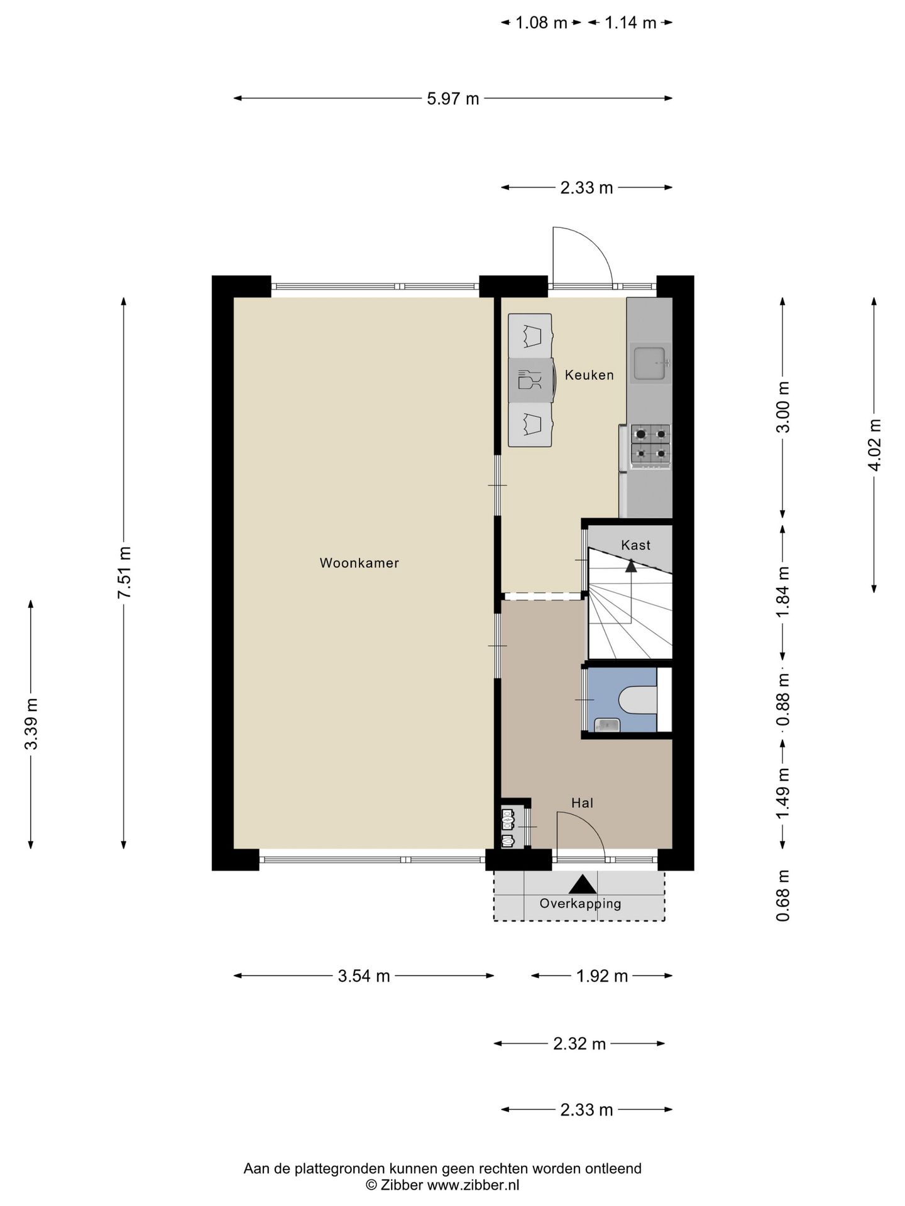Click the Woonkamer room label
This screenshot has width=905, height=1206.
[x=359, y=563]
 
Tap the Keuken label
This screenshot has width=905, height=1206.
[x=589, y=375]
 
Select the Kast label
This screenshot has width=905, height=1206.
[x=635, y=545]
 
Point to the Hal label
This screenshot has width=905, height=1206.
[x=582, y=803]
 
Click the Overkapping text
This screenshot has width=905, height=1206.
[x=580, y=904]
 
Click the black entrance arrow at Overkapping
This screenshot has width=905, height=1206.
[x=583, y=884]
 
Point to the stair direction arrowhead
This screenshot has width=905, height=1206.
[x=630, y=566]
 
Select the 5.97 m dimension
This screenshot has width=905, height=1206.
[x=452, y=99]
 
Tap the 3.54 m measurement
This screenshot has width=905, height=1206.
[x=364, y=975]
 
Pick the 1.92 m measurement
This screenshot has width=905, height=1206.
[x=602, y=975]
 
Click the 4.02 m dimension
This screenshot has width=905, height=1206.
[x=875, y=445]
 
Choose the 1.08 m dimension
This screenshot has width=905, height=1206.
[x=541, y=23]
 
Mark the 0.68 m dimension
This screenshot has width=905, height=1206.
[x=782, y=895]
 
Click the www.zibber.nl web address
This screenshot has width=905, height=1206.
[x=473, y=1185]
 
